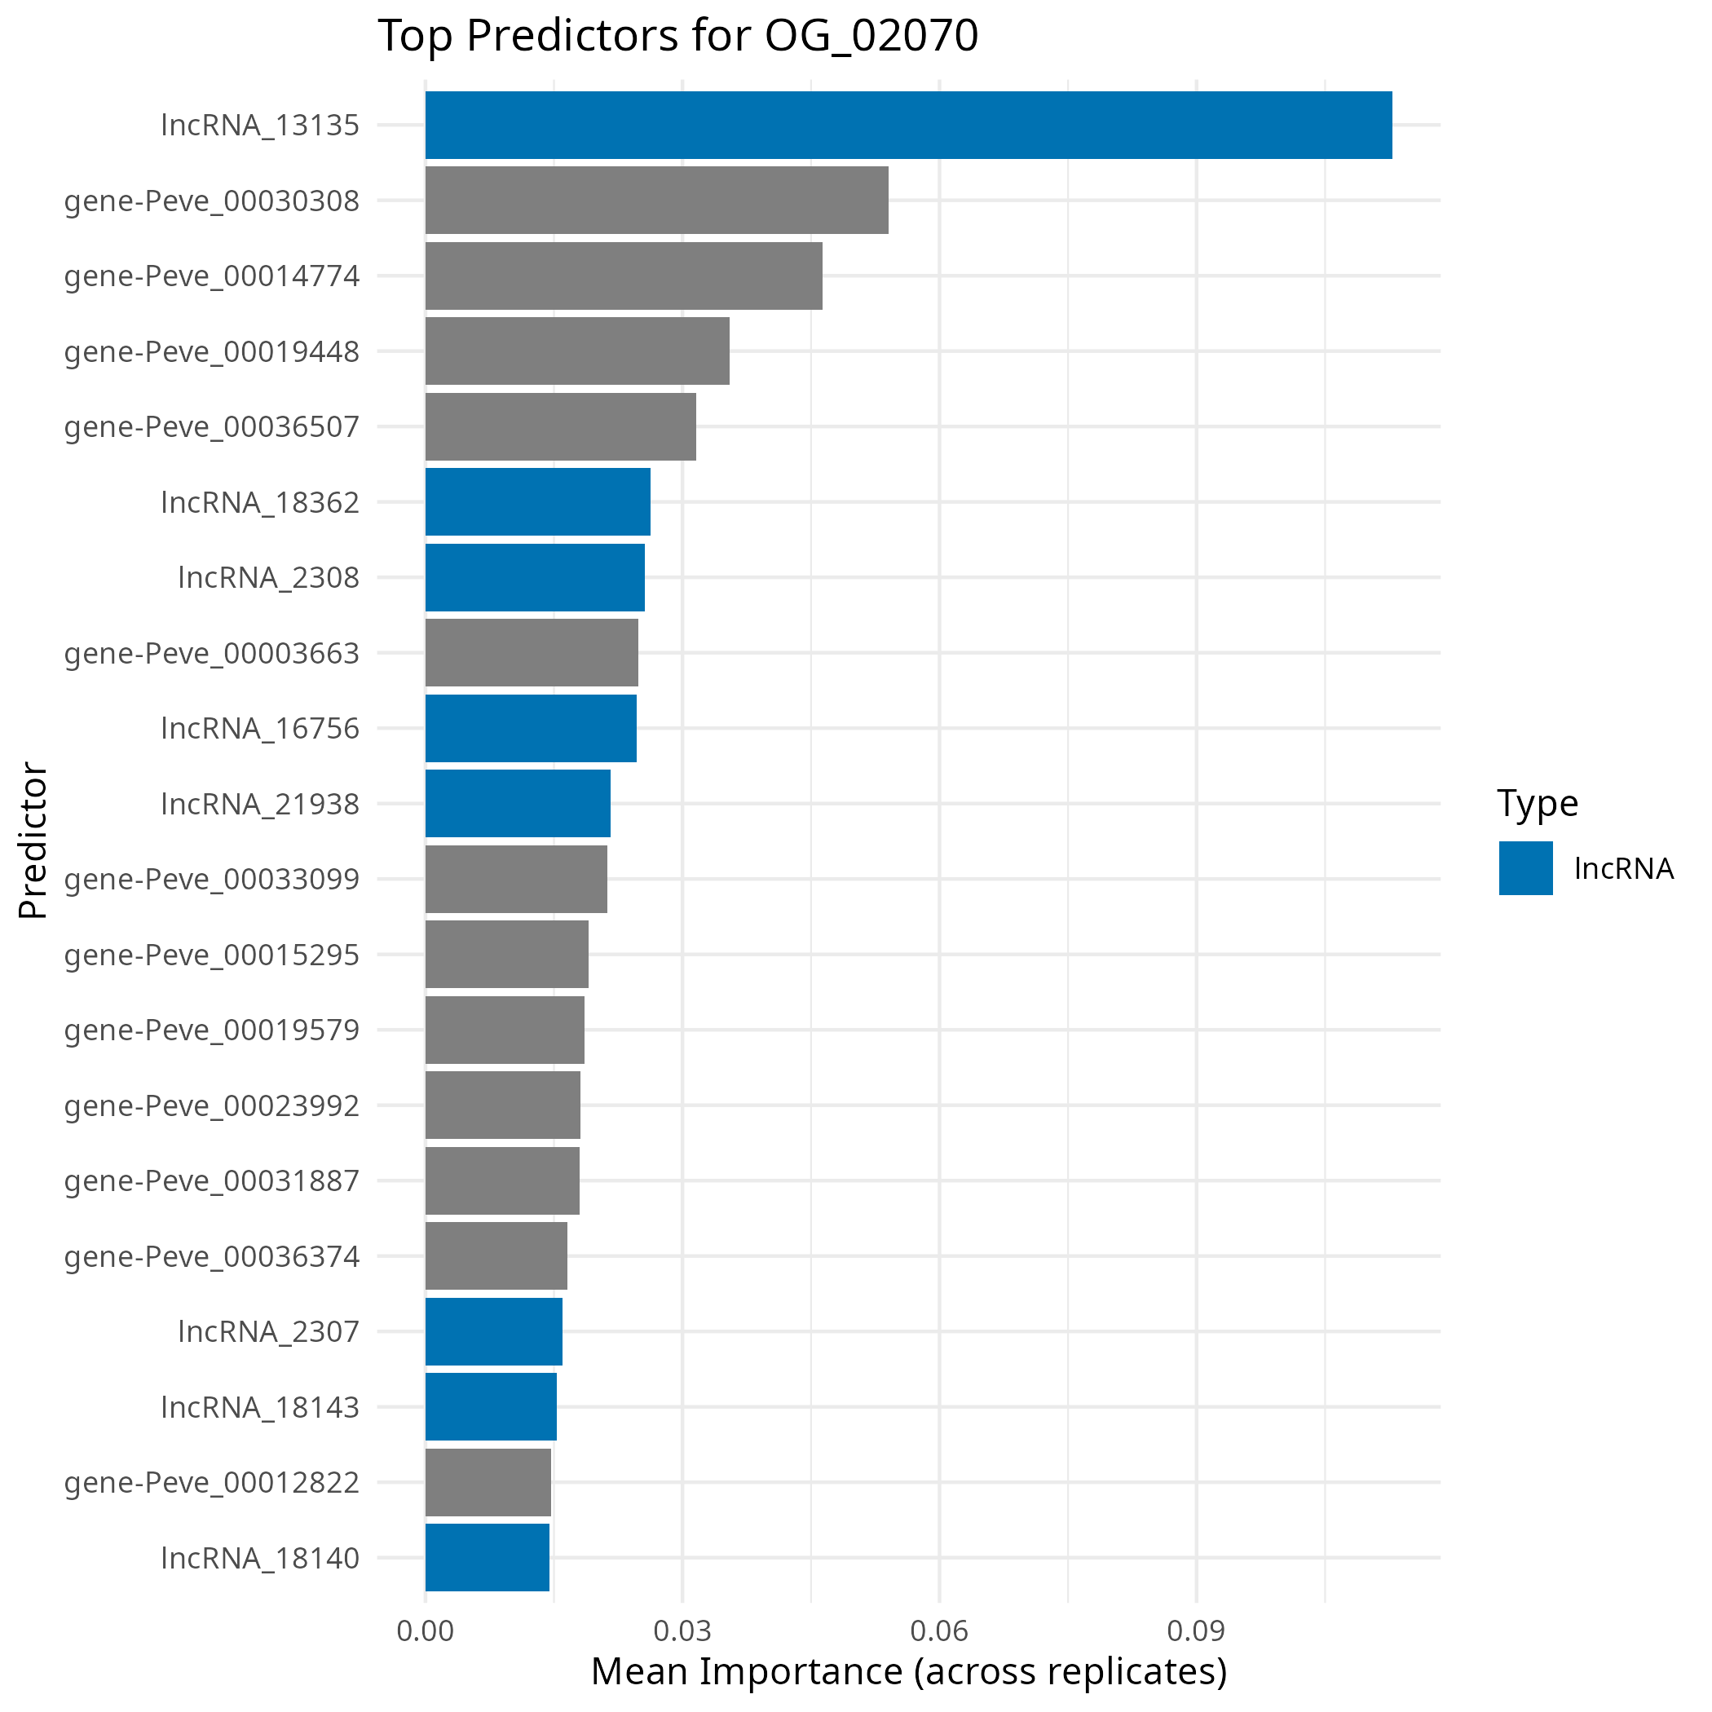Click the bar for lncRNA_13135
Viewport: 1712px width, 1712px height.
click(907, 125)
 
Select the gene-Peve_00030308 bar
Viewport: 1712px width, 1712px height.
click(655, 201)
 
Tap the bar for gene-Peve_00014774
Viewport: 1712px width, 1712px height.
click(623, 276)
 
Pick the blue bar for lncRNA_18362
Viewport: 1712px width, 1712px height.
click(537, 501)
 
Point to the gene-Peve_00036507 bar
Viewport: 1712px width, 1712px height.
click(560, 426)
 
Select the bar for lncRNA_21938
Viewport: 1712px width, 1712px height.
click(518, 803)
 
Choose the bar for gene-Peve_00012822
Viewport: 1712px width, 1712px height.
click(488, 1481)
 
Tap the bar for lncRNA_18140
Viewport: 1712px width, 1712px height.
click(487, 1557)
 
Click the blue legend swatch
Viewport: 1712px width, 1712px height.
click(1525, 867)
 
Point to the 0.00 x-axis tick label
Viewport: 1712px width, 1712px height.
click(425, 1630)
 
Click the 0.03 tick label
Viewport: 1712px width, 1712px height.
click(682, 1630)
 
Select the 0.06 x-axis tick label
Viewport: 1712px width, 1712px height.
click(938, 1630)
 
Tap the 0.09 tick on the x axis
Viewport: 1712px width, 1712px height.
click(1195, 1630)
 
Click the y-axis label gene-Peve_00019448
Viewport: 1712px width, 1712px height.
click(212, 352)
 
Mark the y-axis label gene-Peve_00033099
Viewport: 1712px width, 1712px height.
click(212, 879)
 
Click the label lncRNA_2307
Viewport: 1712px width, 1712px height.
click(268, 1331)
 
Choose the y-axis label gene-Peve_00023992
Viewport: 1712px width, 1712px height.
click(212, 1105)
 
